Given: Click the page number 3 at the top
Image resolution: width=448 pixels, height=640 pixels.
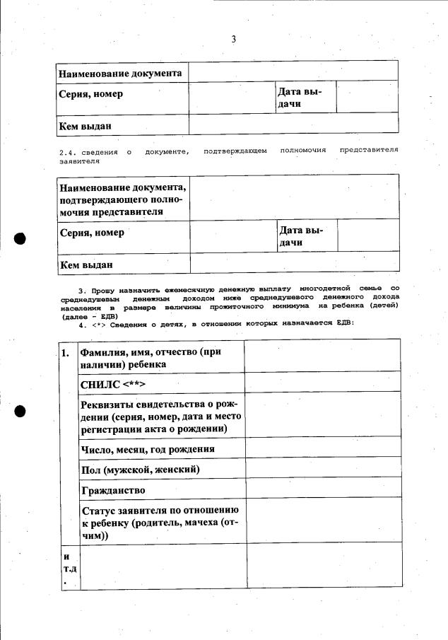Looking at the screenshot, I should point(233,40).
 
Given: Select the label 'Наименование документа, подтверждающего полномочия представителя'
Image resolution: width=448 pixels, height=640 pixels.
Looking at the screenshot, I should point(123,199).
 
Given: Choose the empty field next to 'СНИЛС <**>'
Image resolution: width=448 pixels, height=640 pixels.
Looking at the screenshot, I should point(322,383).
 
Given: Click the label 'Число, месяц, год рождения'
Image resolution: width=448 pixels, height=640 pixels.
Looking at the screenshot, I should point(148,449).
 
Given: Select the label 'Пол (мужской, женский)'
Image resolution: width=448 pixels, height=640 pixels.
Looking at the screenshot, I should point(141,470).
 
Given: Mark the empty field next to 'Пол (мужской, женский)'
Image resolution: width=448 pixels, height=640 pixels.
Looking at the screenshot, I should point(322,468).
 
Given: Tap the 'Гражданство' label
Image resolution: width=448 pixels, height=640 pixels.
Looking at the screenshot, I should point(114,489).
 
